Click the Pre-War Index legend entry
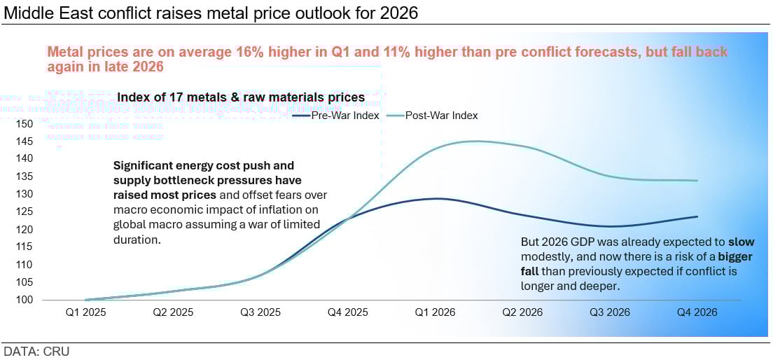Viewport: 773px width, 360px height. pos(345,116)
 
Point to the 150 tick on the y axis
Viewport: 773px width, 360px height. pos(25,123)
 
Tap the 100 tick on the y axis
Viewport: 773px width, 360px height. pos(25,300)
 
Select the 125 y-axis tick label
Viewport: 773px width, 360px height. pos(25,212)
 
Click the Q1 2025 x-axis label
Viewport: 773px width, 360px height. pos(85,312)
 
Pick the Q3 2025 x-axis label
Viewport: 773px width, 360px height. pos(260,312)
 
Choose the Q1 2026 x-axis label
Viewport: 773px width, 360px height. pos(435,312)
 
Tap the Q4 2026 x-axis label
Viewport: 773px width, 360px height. pos(697,312)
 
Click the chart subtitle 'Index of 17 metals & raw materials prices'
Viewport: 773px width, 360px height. pos(240,97)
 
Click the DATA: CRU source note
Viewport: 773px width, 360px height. pos(36,351)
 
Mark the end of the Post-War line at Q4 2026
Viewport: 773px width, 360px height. pos(697,181)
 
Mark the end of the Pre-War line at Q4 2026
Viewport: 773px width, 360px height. pos(697,216)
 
